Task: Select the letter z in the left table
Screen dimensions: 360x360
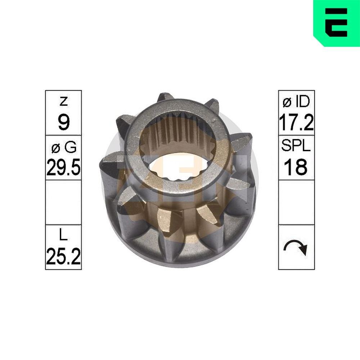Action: point(63,102)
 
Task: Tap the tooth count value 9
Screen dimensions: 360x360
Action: point(63,123)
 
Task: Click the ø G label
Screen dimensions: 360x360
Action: point(63,147)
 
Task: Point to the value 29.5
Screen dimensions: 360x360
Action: point(63,167)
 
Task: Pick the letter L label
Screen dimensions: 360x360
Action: point(63,236)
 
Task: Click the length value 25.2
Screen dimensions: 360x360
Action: point(63,256)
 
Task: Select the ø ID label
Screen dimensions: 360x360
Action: point(296,102)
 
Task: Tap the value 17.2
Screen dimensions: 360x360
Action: point(296,123)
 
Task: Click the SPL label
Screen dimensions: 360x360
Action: point(296,147)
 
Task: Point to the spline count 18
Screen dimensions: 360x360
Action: point(296,167)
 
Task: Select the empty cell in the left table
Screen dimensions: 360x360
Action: point(63,202)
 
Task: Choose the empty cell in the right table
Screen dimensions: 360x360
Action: point(296,202)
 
